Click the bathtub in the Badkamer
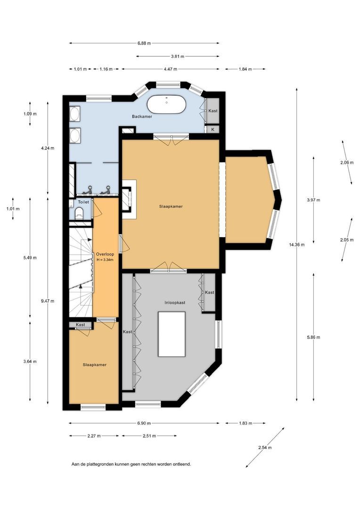point(166,105)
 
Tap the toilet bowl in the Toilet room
point(79,213)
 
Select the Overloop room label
point(105,254)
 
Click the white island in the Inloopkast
point(172,334)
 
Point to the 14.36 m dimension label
point(297,245)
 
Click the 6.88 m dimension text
point(144,43)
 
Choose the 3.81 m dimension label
point(178,56)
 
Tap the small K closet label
point(213,129)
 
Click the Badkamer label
point(142,116)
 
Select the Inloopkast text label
point(175,303)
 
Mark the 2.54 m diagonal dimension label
point(265,447)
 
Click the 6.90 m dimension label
point(144,423)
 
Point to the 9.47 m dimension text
point(48,301)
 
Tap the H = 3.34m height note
point(105,260)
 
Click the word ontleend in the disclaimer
point(182,464)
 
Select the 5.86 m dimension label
point(313,337)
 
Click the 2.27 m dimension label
point(94,435)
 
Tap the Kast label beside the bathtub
point(213,111)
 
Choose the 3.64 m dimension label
point(30,361)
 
